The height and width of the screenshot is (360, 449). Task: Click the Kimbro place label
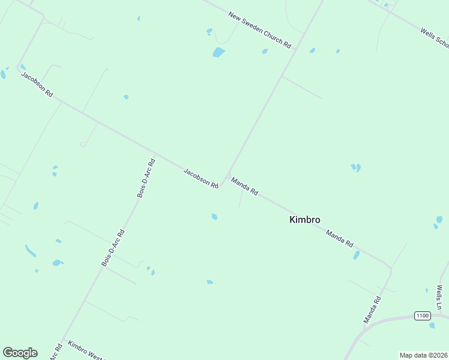point(304,220)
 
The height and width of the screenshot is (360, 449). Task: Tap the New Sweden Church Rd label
point(259,30)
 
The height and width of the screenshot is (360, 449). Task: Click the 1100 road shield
point(423,316)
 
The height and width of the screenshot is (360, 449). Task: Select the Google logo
point(20,353)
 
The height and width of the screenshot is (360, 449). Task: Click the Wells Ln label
point(439,298)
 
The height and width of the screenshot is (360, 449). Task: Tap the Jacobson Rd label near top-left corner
point(37,85)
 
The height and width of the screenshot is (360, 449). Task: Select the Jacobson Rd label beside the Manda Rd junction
point(200,178)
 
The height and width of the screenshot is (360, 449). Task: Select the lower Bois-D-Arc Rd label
point(113,248)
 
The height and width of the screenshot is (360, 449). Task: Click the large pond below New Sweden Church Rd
point(218,53)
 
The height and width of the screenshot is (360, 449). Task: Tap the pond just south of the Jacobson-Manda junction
point(214,217)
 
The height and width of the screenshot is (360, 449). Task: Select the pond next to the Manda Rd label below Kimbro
point(356,255)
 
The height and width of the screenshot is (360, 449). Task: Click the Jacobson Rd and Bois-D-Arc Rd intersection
point(155,154)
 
